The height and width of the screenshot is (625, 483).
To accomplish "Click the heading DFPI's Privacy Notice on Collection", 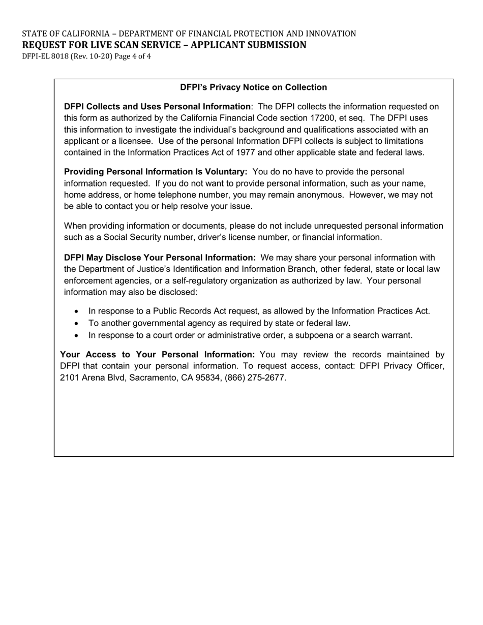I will (253, 87).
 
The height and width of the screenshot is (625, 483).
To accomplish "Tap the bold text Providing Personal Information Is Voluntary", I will (155, 172).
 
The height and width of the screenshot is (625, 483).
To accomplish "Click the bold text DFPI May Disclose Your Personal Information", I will (160, 258).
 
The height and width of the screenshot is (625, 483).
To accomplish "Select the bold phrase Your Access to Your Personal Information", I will (157, 354).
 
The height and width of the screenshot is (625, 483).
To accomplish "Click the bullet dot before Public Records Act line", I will (77, 311).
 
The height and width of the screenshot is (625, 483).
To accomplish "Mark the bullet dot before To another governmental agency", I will (77, 323).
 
